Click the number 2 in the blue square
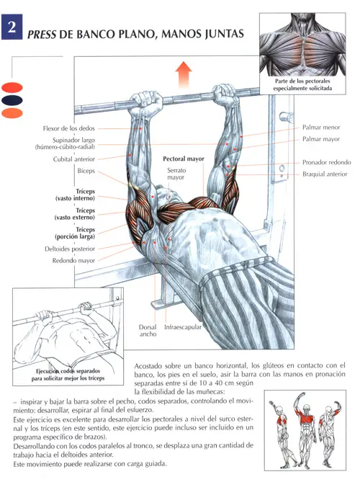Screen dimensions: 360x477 pos(12,27)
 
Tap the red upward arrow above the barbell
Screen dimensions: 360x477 pos(184,74)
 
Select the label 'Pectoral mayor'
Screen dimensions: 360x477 pos(184,159)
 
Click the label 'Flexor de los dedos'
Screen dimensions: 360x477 pos(68,128)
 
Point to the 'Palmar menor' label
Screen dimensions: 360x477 pos(321,128)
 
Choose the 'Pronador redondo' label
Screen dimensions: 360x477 pos(327,162)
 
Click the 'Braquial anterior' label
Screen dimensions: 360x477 pos(325,174)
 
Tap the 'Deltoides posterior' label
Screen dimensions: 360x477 pos(70,249)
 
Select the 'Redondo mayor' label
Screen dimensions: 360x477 pos(73,261)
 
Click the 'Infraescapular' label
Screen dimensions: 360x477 pos(183,327)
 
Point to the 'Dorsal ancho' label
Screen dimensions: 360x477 pos(148,331)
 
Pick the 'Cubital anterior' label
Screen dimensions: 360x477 pos(74,159)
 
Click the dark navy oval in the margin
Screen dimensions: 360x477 pos(12,100)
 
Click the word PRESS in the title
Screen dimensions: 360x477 pos(42,35)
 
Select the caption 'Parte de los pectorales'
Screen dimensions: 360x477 pos(302,81)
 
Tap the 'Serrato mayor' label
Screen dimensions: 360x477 pos(176,174)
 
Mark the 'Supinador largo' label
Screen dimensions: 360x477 pos(73,141)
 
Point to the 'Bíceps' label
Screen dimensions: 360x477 pos(86,171)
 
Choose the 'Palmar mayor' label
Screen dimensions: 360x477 pos(321,139)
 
